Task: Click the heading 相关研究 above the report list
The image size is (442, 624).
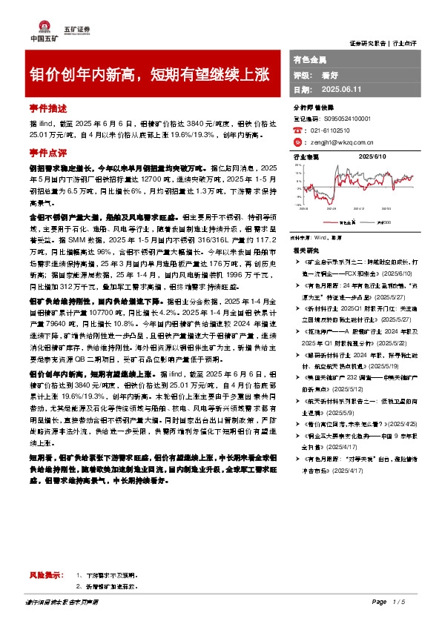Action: [305, 250]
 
